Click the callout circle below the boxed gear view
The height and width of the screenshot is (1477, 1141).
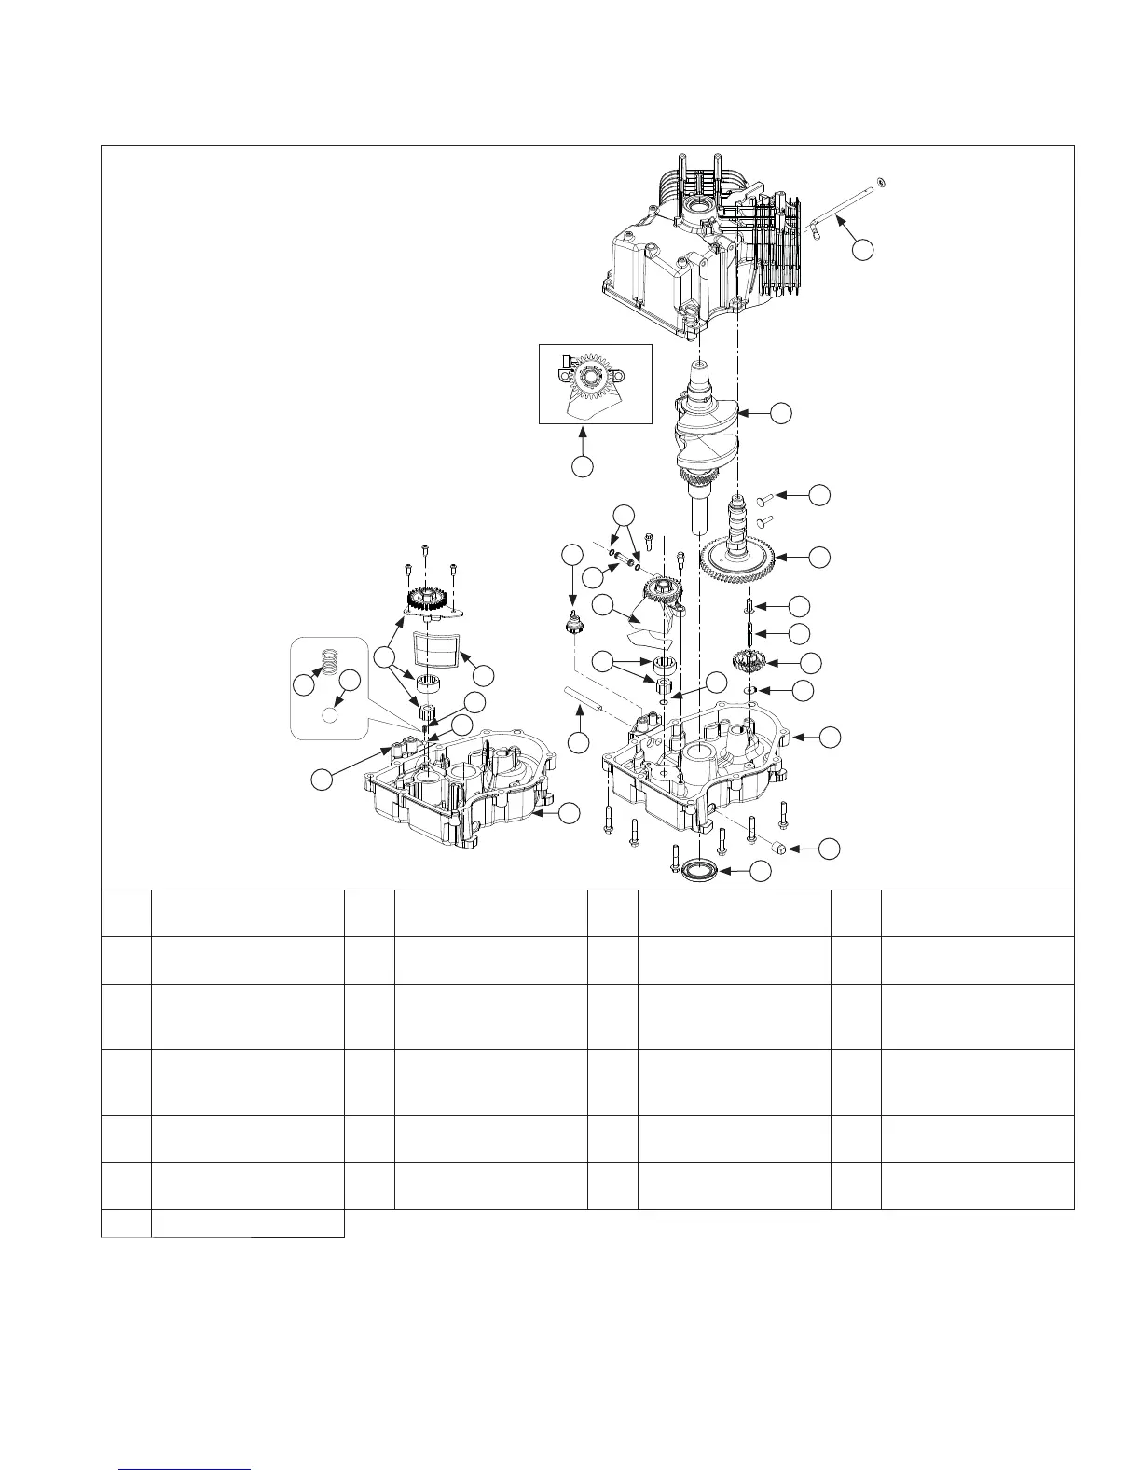(x=583, y=466)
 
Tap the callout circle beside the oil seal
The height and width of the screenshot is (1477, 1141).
(x=761, y=871)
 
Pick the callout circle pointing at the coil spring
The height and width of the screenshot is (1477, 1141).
(x=303, y=685)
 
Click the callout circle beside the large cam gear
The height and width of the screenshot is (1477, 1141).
(x=818, y=558)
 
